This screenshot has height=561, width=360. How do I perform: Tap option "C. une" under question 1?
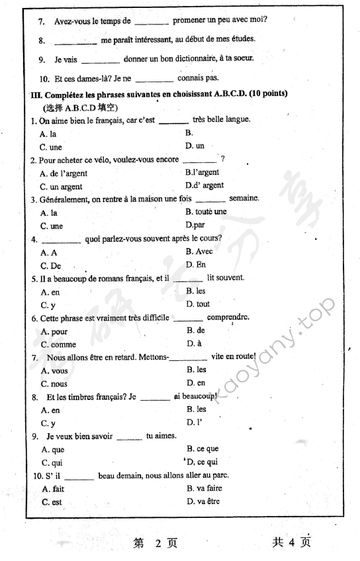51,147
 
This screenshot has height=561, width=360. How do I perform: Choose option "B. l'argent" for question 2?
202,172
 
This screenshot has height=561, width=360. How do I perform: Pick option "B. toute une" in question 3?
206,212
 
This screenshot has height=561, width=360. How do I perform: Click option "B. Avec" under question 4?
199,252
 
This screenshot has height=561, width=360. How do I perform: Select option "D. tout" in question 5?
198,304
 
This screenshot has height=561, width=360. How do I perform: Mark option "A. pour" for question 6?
54,331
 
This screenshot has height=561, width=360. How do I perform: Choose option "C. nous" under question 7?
54,383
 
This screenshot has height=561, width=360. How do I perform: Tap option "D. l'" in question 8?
195,423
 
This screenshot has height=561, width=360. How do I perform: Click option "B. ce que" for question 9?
202,448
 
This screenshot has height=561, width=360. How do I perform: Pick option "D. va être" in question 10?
204,501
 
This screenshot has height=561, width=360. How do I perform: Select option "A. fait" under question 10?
53,489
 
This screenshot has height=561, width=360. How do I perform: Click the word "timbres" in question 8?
84,397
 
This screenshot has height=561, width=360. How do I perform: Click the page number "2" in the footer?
158,543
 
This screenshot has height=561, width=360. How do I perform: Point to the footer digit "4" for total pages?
295,542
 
